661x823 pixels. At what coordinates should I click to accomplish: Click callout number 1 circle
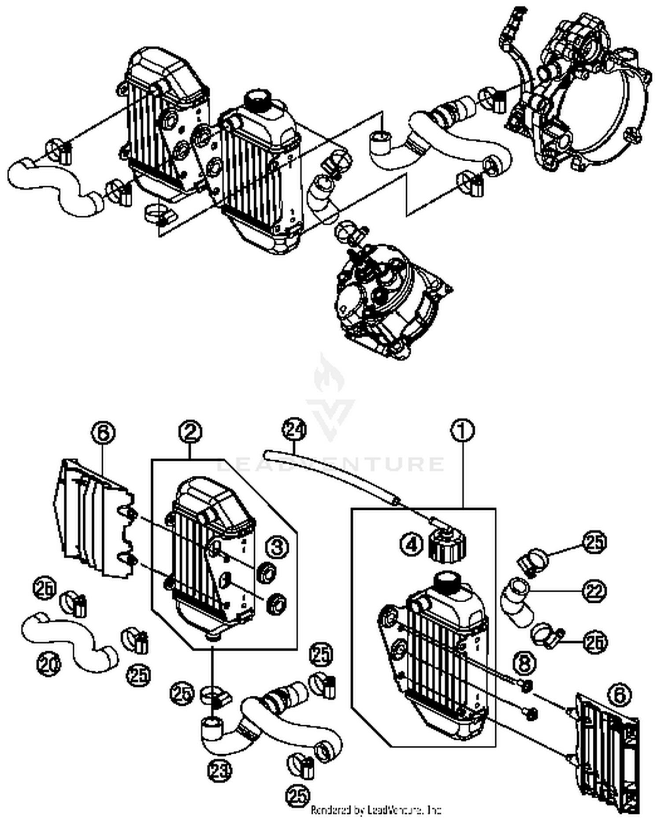[x=462, y=430]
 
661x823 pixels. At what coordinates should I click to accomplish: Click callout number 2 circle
[x=190, y=432]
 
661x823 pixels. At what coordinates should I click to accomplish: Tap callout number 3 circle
[x=277, y=547]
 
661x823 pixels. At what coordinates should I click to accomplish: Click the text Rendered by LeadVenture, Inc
[x=376, y=809]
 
